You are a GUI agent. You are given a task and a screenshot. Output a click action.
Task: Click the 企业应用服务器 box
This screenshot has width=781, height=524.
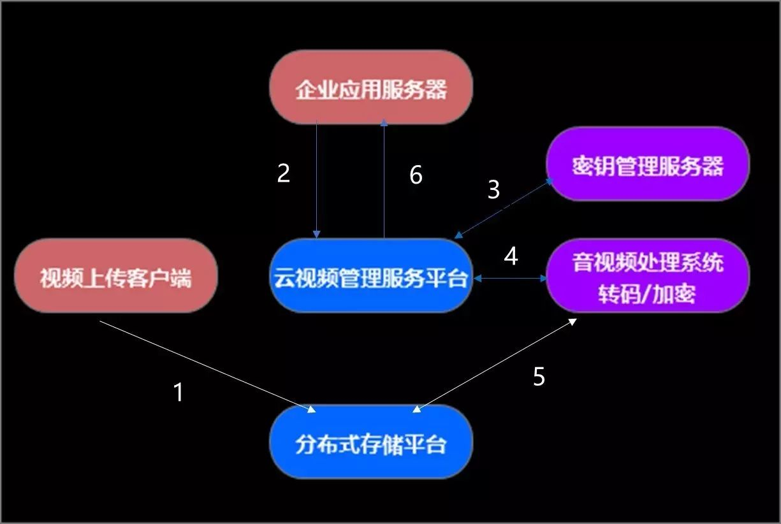[370, 87]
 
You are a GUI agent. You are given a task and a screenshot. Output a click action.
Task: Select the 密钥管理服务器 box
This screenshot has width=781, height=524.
[648, 164]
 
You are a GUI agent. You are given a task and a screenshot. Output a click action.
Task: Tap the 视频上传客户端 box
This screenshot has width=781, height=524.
[115, 276]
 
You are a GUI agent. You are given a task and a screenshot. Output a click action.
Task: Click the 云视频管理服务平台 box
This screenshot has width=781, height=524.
[370, 277]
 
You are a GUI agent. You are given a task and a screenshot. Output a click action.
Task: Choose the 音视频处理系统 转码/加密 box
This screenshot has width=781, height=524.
[648, 277]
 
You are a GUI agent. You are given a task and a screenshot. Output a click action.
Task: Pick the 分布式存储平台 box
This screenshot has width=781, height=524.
[370, 442]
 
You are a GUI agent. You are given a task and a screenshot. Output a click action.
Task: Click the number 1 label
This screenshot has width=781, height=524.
[179, 392]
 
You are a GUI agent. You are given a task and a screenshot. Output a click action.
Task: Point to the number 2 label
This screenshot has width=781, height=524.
[284, 173]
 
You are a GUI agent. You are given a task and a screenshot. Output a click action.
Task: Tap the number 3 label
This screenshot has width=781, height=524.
[493, 190]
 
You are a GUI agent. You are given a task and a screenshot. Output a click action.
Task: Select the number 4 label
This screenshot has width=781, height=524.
[511, 256]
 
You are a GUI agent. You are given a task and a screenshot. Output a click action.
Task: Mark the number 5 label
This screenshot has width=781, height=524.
[539, 377]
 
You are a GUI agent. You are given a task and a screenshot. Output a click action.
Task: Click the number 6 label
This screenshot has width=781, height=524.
[416, 175]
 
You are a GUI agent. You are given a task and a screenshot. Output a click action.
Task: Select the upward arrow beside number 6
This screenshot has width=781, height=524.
[384, 178]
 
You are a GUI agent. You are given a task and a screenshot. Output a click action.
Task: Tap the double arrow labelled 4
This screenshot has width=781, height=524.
[510, 279]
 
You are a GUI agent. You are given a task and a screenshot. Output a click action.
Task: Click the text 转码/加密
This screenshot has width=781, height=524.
[646, 294]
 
